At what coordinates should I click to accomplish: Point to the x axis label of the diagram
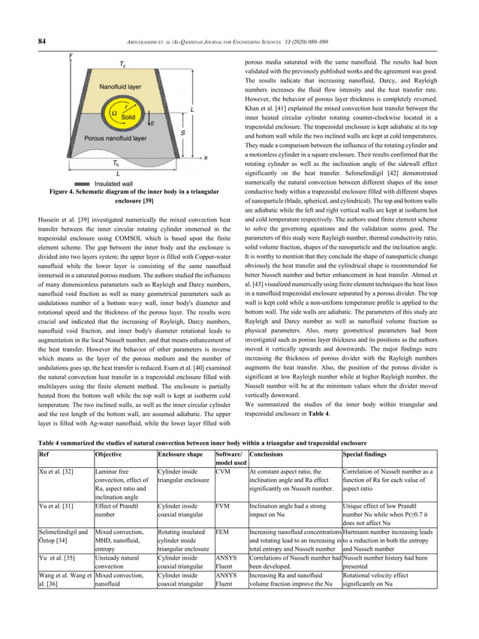click(x=206, y=157)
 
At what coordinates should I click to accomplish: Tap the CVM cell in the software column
click(x=222, y=471)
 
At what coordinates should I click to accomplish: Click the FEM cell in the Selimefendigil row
click(x=222, y=530)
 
